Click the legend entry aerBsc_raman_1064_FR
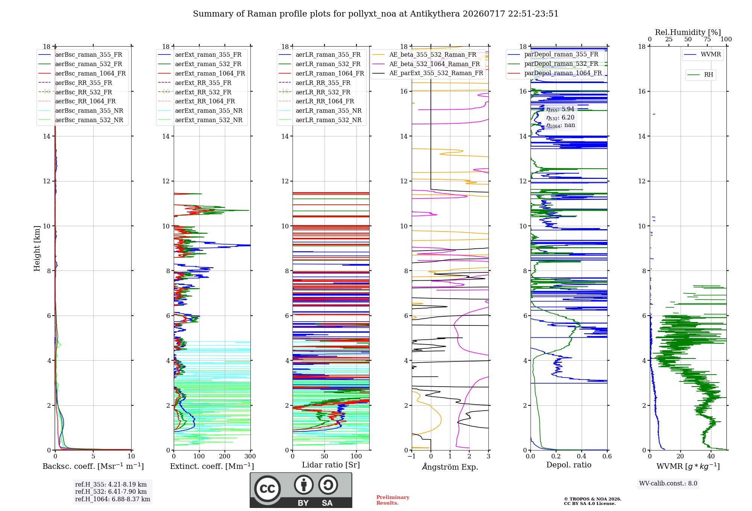(91, 73)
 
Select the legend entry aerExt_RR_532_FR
(203, 92)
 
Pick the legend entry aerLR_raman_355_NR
(329, 110)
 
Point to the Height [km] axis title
(37, 248)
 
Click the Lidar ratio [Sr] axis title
(331, 465)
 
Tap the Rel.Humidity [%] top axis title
(688, 32)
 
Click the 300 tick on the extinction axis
(250, 456)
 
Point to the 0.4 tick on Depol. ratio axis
(582, 456)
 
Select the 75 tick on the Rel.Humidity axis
(707, 39)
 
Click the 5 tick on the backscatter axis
(93, 456)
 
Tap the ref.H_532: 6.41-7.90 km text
(111, 491)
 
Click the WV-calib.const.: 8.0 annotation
(668, 484)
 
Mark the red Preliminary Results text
(393, 500)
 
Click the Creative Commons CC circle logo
(267, 489)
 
